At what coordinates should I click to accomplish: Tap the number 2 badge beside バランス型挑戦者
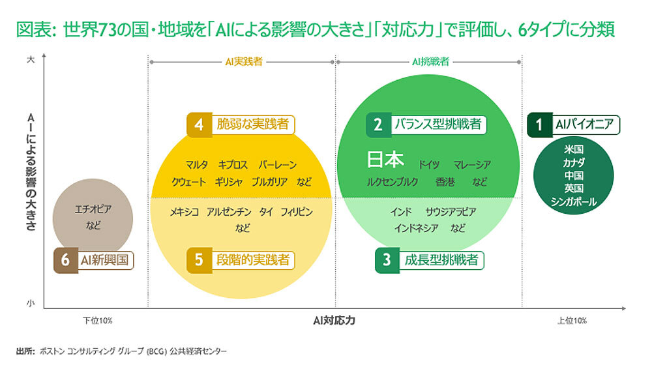(x=378, y=125)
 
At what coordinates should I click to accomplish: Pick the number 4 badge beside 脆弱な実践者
(x=200, y=125)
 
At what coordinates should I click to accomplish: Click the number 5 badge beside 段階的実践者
(x=200, y=260)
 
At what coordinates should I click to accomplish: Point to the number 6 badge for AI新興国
(x=65, y=260)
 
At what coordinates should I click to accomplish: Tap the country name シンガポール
(x=573, y=201)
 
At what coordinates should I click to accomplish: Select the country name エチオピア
(x=93, y=210)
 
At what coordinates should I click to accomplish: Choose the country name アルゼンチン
(x=229, y=213)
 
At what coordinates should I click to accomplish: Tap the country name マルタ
(x=196, y=165)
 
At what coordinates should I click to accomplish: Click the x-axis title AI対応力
(x=334, y=321)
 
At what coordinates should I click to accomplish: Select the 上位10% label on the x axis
(x=572, y=321)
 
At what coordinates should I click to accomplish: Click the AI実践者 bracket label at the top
(x=242, y=62)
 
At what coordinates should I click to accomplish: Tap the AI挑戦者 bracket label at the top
(x=430, y=62)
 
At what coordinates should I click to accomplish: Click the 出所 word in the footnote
(x=24, y=351)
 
